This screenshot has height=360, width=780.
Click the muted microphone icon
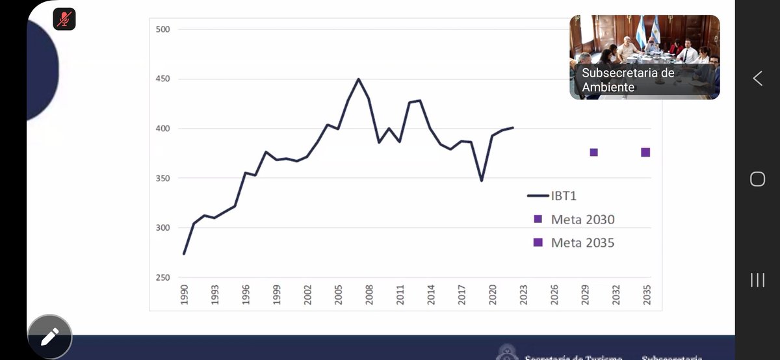(64, 19)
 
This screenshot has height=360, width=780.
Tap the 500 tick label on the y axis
(162, 29)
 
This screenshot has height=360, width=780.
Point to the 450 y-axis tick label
(162, 79)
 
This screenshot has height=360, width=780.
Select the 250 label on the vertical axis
(162, 277)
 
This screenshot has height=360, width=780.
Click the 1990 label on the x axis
(184, 294)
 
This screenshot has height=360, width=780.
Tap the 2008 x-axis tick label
(369, 294)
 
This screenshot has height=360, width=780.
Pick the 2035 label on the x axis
(646, 294)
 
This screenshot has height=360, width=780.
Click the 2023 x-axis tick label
(523, 294)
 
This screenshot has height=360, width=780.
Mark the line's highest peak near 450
(358, 79)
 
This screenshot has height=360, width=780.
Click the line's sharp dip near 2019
(482, 180)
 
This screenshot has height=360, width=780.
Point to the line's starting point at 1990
(184, 253)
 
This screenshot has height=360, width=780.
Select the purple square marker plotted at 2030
(593, 153)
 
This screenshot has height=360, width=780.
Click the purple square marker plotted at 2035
(645, 153)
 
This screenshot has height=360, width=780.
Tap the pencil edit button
(49, 336)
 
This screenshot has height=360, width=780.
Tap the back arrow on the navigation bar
(757, 79)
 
